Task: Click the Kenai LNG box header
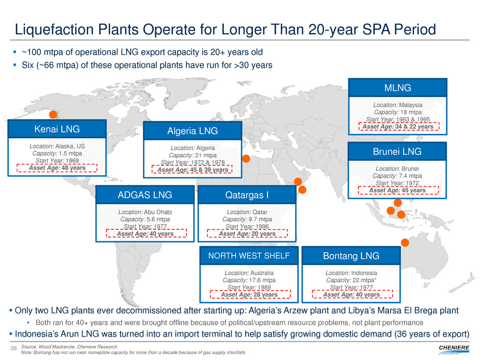pos(57,129)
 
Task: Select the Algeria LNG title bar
pos(192,131)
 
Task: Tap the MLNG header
pos(397,88)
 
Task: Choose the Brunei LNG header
pos(397,151)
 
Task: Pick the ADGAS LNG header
pos(145,195)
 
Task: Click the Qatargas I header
pos(247,195)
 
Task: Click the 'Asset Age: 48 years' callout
pos(57,167)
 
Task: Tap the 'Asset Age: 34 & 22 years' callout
pos(398,127)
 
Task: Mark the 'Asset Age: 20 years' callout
pos(247,234)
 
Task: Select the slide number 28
pos(14,348)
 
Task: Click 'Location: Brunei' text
pos(397,167)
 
